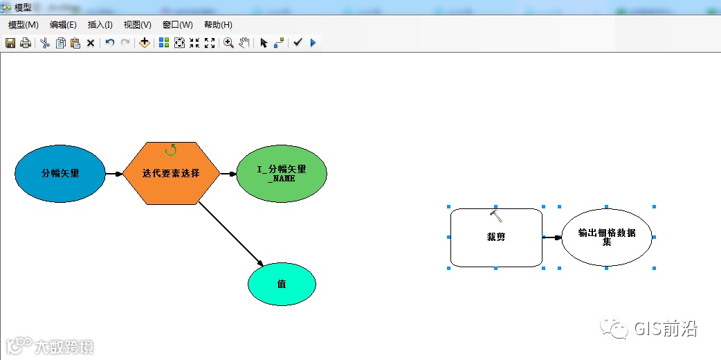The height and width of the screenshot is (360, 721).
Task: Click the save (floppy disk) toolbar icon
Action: tap(10, 43)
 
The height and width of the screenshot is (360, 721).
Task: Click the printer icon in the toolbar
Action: tap(26, 43)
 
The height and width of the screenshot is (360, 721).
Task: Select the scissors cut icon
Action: tap(45, 43)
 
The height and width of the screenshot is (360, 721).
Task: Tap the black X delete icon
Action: tap(91, 43)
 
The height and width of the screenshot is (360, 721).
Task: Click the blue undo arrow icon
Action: tap(110, 43)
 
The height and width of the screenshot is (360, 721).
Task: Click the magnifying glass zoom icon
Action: tap(228, 43)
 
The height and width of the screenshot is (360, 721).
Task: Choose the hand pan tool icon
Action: tap(244, 43)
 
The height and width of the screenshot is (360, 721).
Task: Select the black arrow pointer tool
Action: tap(263, 43)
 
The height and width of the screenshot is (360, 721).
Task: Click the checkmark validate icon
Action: tap(298, 43)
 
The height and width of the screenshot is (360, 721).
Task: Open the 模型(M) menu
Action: tap(23, 25)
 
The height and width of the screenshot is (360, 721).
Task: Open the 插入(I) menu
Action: tap(100, 25)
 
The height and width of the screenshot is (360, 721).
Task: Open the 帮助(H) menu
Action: tap(218, 25)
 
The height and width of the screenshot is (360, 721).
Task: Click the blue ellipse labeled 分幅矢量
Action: tap(60, 173)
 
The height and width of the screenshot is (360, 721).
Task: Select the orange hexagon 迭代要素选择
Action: tap(171, 173)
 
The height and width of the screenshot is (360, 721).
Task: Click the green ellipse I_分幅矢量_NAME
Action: tap(281, 173)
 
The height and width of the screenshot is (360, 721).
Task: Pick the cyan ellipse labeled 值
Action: tap(282, 284)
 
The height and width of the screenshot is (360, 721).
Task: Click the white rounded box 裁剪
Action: tap(496, 237)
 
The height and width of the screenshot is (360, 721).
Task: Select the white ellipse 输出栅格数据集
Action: tap(606, 237)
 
